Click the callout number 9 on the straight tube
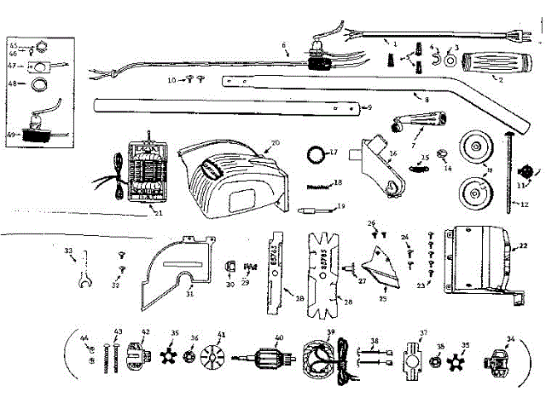pos(369,108)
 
